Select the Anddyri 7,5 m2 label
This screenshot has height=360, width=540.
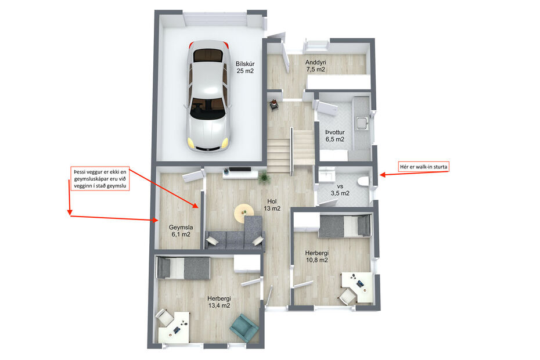(315, 66)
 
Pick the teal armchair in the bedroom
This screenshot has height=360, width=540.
(244, 328)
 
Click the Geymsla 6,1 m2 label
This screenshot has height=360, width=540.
(181, 231)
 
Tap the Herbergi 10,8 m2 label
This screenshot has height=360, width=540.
(317, 257)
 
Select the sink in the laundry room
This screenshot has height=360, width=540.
(362, 123)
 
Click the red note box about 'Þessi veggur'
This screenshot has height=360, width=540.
(99, 179)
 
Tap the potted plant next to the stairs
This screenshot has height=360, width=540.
(264, 176)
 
